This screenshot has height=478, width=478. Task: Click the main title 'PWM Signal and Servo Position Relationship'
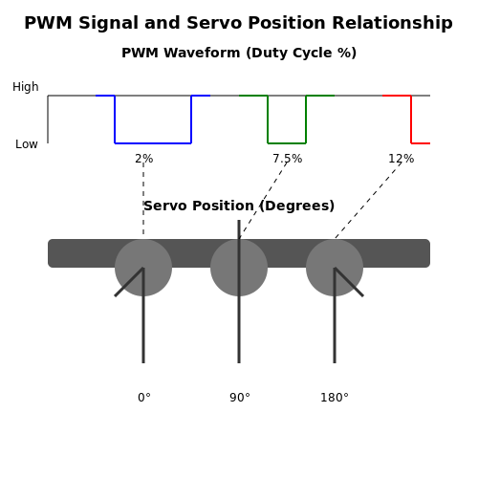pos(238,23)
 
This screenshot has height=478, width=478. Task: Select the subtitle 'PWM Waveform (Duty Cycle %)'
pos(239,53)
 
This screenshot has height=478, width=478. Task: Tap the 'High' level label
pos(26,87)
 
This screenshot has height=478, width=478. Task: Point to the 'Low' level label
pos(27,144)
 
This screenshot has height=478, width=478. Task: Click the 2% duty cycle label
pos(144,159)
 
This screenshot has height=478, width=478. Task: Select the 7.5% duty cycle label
pos(288,159)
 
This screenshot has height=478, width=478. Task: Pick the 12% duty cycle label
pos(402,159)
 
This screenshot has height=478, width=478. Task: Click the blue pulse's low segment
pos(153,143)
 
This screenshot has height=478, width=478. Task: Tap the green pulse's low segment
pos(287,143)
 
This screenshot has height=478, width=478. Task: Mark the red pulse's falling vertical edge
pos(411,119)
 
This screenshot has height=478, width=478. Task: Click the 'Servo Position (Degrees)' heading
pos(239,206)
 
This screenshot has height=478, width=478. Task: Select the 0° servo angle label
pos(144,398)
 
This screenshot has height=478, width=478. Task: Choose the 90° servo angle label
pos(240,398)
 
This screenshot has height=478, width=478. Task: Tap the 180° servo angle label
pos(335,398)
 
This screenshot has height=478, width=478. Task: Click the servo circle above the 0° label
pos(143,268)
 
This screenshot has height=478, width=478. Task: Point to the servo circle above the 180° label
pos(335,268)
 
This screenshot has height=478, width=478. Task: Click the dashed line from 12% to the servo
pos(368,201)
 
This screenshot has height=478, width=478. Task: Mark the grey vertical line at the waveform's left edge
pos(48,119)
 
